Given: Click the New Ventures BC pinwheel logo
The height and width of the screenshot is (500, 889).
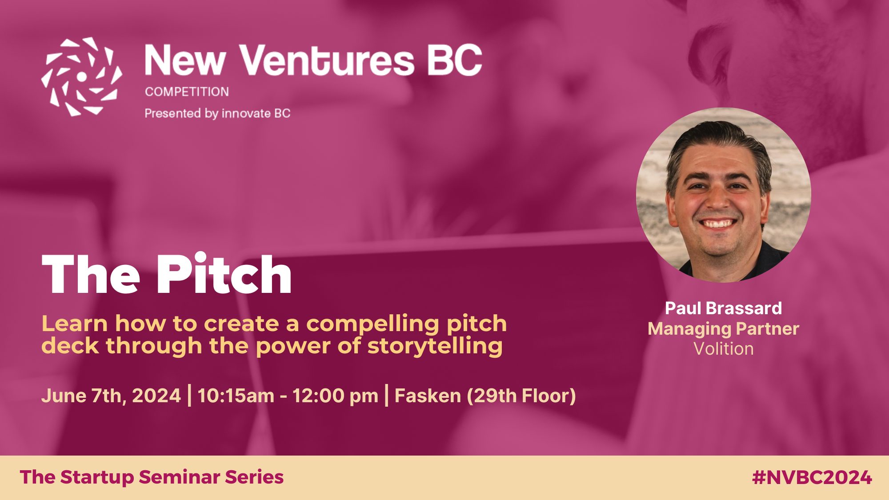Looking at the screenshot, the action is coord(81,76).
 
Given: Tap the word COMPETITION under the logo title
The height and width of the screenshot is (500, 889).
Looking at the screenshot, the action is coord(187,92).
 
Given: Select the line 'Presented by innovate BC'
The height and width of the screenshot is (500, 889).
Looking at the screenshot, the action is coord(217,113).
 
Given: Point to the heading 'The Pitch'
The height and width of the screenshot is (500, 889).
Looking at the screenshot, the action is coord(167,274).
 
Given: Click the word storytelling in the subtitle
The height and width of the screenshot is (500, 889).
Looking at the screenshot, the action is coord(435,346).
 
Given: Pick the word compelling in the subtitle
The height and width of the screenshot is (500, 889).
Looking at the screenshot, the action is coord(373,324).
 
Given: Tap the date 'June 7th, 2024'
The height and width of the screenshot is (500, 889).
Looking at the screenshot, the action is coord(111,396).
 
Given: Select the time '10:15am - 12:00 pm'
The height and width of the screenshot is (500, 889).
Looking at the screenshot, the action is coord(288,396).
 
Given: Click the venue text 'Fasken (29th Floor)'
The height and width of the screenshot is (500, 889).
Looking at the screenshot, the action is coord(485,396).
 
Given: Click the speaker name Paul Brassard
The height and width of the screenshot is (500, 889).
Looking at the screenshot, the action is coord(723,308).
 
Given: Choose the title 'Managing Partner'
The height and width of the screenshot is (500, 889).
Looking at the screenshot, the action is coord(723,329).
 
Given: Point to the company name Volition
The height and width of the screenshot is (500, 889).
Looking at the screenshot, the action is coord(724,349).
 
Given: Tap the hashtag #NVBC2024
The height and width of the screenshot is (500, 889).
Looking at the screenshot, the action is coord(812,477).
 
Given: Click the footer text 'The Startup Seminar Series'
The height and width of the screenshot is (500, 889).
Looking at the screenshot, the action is coord(152,477).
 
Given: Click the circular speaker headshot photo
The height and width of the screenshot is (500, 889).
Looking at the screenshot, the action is coord(724,195).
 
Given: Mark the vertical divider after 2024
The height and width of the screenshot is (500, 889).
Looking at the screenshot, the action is coord(190,396).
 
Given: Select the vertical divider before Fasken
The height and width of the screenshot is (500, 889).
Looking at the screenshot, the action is coord(386,396).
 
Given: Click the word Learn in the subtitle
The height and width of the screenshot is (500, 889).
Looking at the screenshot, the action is coord(75,324).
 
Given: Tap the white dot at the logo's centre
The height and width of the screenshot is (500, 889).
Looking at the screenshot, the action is coord(81,77).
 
